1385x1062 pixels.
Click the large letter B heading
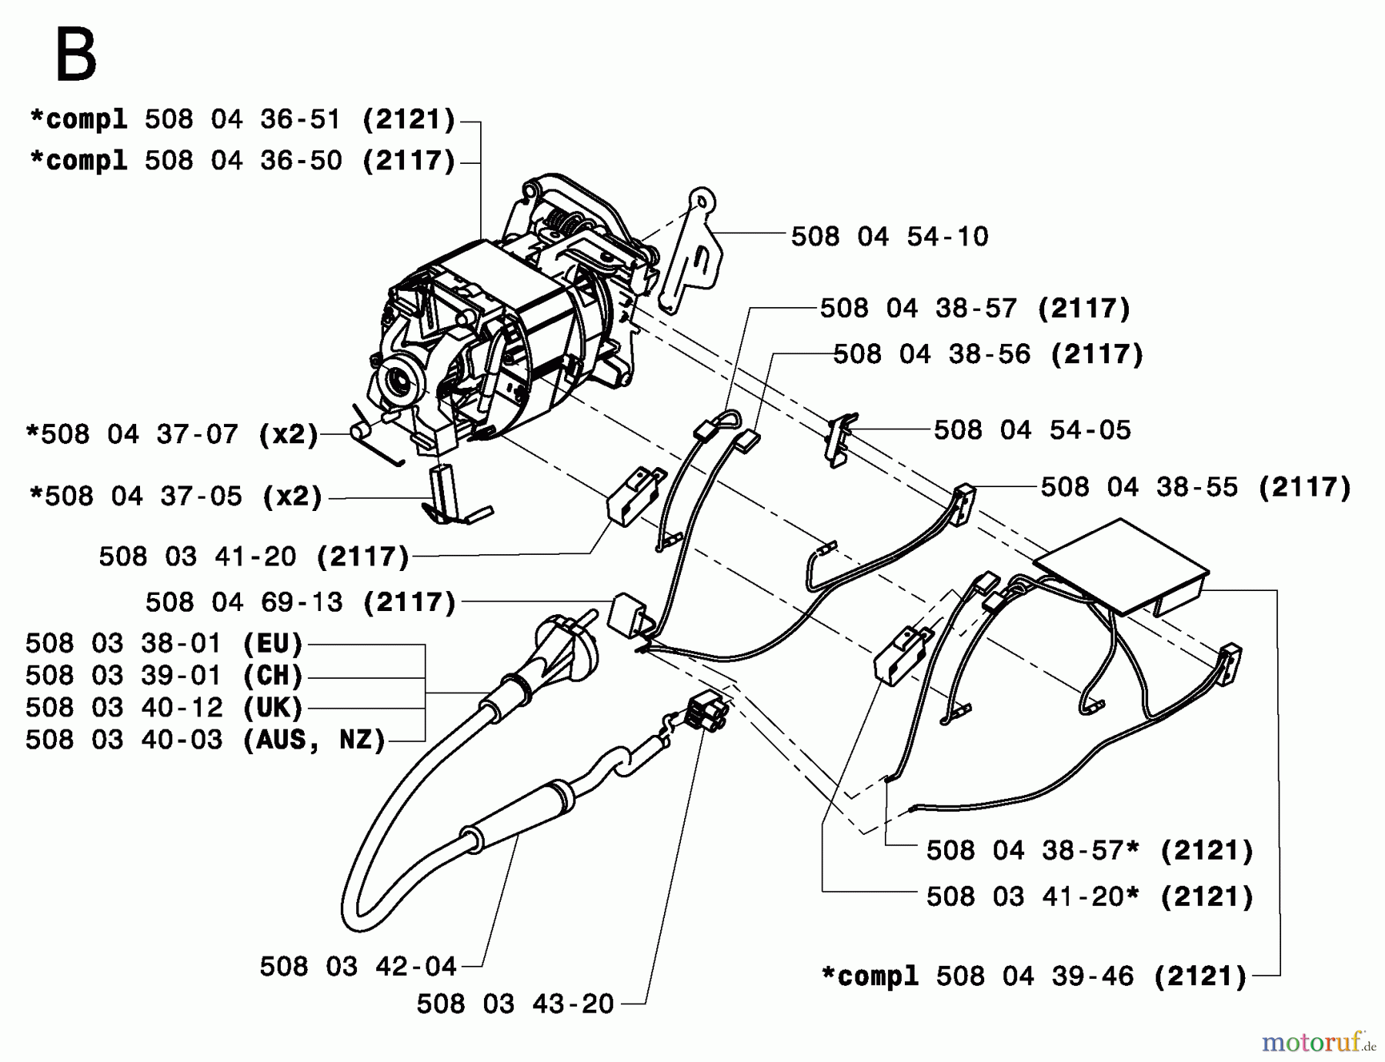coord(75,55)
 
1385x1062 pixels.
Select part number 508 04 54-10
coord(889,237)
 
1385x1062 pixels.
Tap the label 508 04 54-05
coord(1032,430)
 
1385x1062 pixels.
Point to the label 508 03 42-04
coord(358,967)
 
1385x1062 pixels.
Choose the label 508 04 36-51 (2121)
coord(242,120)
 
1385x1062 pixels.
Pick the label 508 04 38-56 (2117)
coord(988,355)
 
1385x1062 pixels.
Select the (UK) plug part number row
coord(164,708)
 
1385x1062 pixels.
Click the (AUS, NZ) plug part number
coord(205,740)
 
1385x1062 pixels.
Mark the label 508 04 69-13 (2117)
coord(300,603)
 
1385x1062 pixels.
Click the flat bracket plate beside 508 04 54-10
coord(692,254)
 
